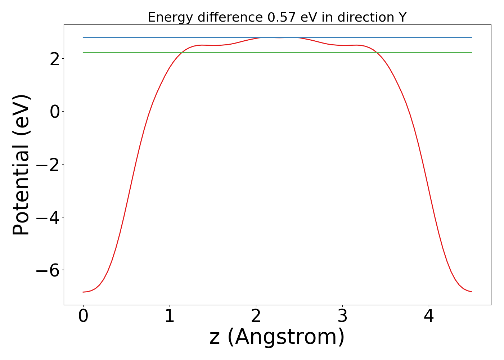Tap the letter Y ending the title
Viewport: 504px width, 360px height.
point(402,17)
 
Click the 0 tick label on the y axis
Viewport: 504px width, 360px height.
point(55,112)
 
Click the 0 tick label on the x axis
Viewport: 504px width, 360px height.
point(83,317)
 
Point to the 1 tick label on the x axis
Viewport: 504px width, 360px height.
point(170,317)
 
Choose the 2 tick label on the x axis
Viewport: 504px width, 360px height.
point(256,317)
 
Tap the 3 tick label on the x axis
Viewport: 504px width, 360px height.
point(342,317)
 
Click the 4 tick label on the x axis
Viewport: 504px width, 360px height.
point(429,317)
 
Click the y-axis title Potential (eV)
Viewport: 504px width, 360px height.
point(22,165)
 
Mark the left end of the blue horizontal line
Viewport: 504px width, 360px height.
point(83,37)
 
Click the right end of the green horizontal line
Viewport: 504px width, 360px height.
point(472,53)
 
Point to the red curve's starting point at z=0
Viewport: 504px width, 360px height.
point(83,292)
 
